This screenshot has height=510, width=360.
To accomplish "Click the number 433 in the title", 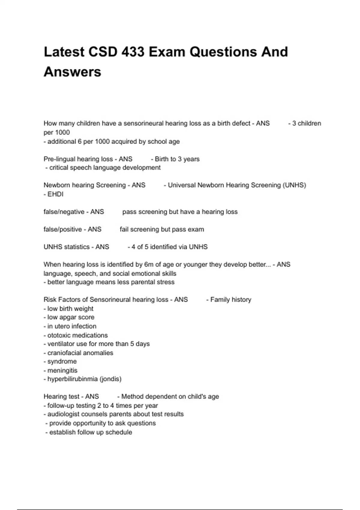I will pyautogui.click(x=132, y=52).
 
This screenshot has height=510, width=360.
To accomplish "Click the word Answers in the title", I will pyautogui.click(x=72, y=72).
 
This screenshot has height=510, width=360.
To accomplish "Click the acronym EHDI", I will pyautogui.click(x=55, y=194).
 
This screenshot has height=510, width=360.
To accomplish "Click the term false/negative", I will pyautogui.click(x=64, y=212).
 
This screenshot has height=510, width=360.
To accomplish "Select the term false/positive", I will pyautogui.click(x=63, y=229).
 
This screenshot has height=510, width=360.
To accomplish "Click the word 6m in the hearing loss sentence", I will pyautogui.click(x=149, y=265).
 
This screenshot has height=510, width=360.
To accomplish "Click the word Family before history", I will pyautogui.click(x=220, y=299).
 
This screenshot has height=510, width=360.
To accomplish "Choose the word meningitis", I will pyautogui.click(x=62, y=370).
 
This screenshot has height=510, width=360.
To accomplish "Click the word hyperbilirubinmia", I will pyautogui.click(x=72, y=379).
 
